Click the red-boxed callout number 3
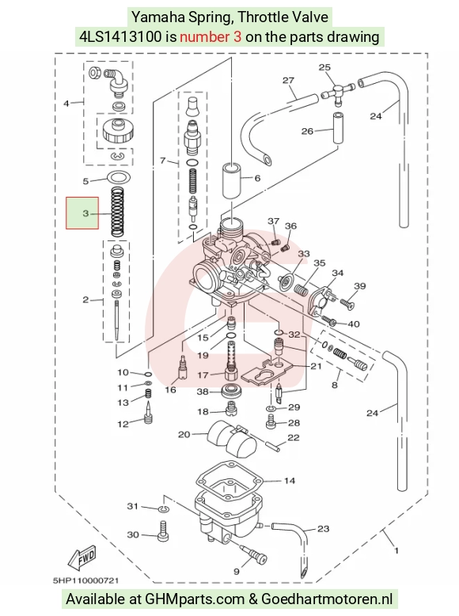[85, 214]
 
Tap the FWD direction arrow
[82, 557]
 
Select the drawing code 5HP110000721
[85, 580]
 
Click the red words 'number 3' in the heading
[211, 37]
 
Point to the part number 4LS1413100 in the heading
[120, 37]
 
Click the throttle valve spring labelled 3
[116, 212]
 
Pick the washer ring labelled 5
[119, 178]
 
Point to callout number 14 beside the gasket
[289, 481]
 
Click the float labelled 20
[232, 439]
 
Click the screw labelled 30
[164, 531]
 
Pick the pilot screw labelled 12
[148, 413]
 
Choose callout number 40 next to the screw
[354, 324]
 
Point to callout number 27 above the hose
[288, 81]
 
